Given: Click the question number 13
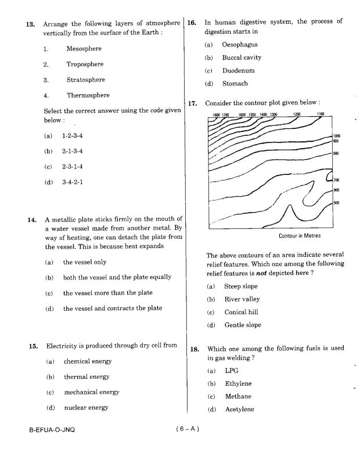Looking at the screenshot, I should point(30,24).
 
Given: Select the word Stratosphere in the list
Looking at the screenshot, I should point(85,80).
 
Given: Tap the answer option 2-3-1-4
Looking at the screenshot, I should point(73,167).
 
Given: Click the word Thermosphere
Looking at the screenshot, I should point(88,95).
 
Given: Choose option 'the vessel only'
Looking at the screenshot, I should point(84,262).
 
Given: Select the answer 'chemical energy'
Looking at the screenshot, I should point(88,361).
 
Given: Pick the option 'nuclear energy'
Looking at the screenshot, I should point(86,408).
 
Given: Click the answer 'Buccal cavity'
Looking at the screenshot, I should point(242,58).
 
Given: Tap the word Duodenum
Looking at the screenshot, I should point(238,71).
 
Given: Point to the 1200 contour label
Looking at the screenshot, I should point(297,114).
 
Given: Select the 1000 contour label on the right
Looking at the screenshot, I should point(337,135).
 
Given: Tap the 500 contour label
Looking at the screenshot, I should point(336,202).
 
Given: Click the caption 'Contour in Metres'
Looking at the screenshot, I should point(299,236).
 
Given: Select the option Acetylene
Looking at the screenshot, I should point(239,410).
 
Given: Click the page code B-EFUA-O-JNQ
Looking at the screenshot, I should point(51,431).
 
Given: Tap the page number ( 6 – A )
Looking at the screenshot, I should point(188,430).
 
